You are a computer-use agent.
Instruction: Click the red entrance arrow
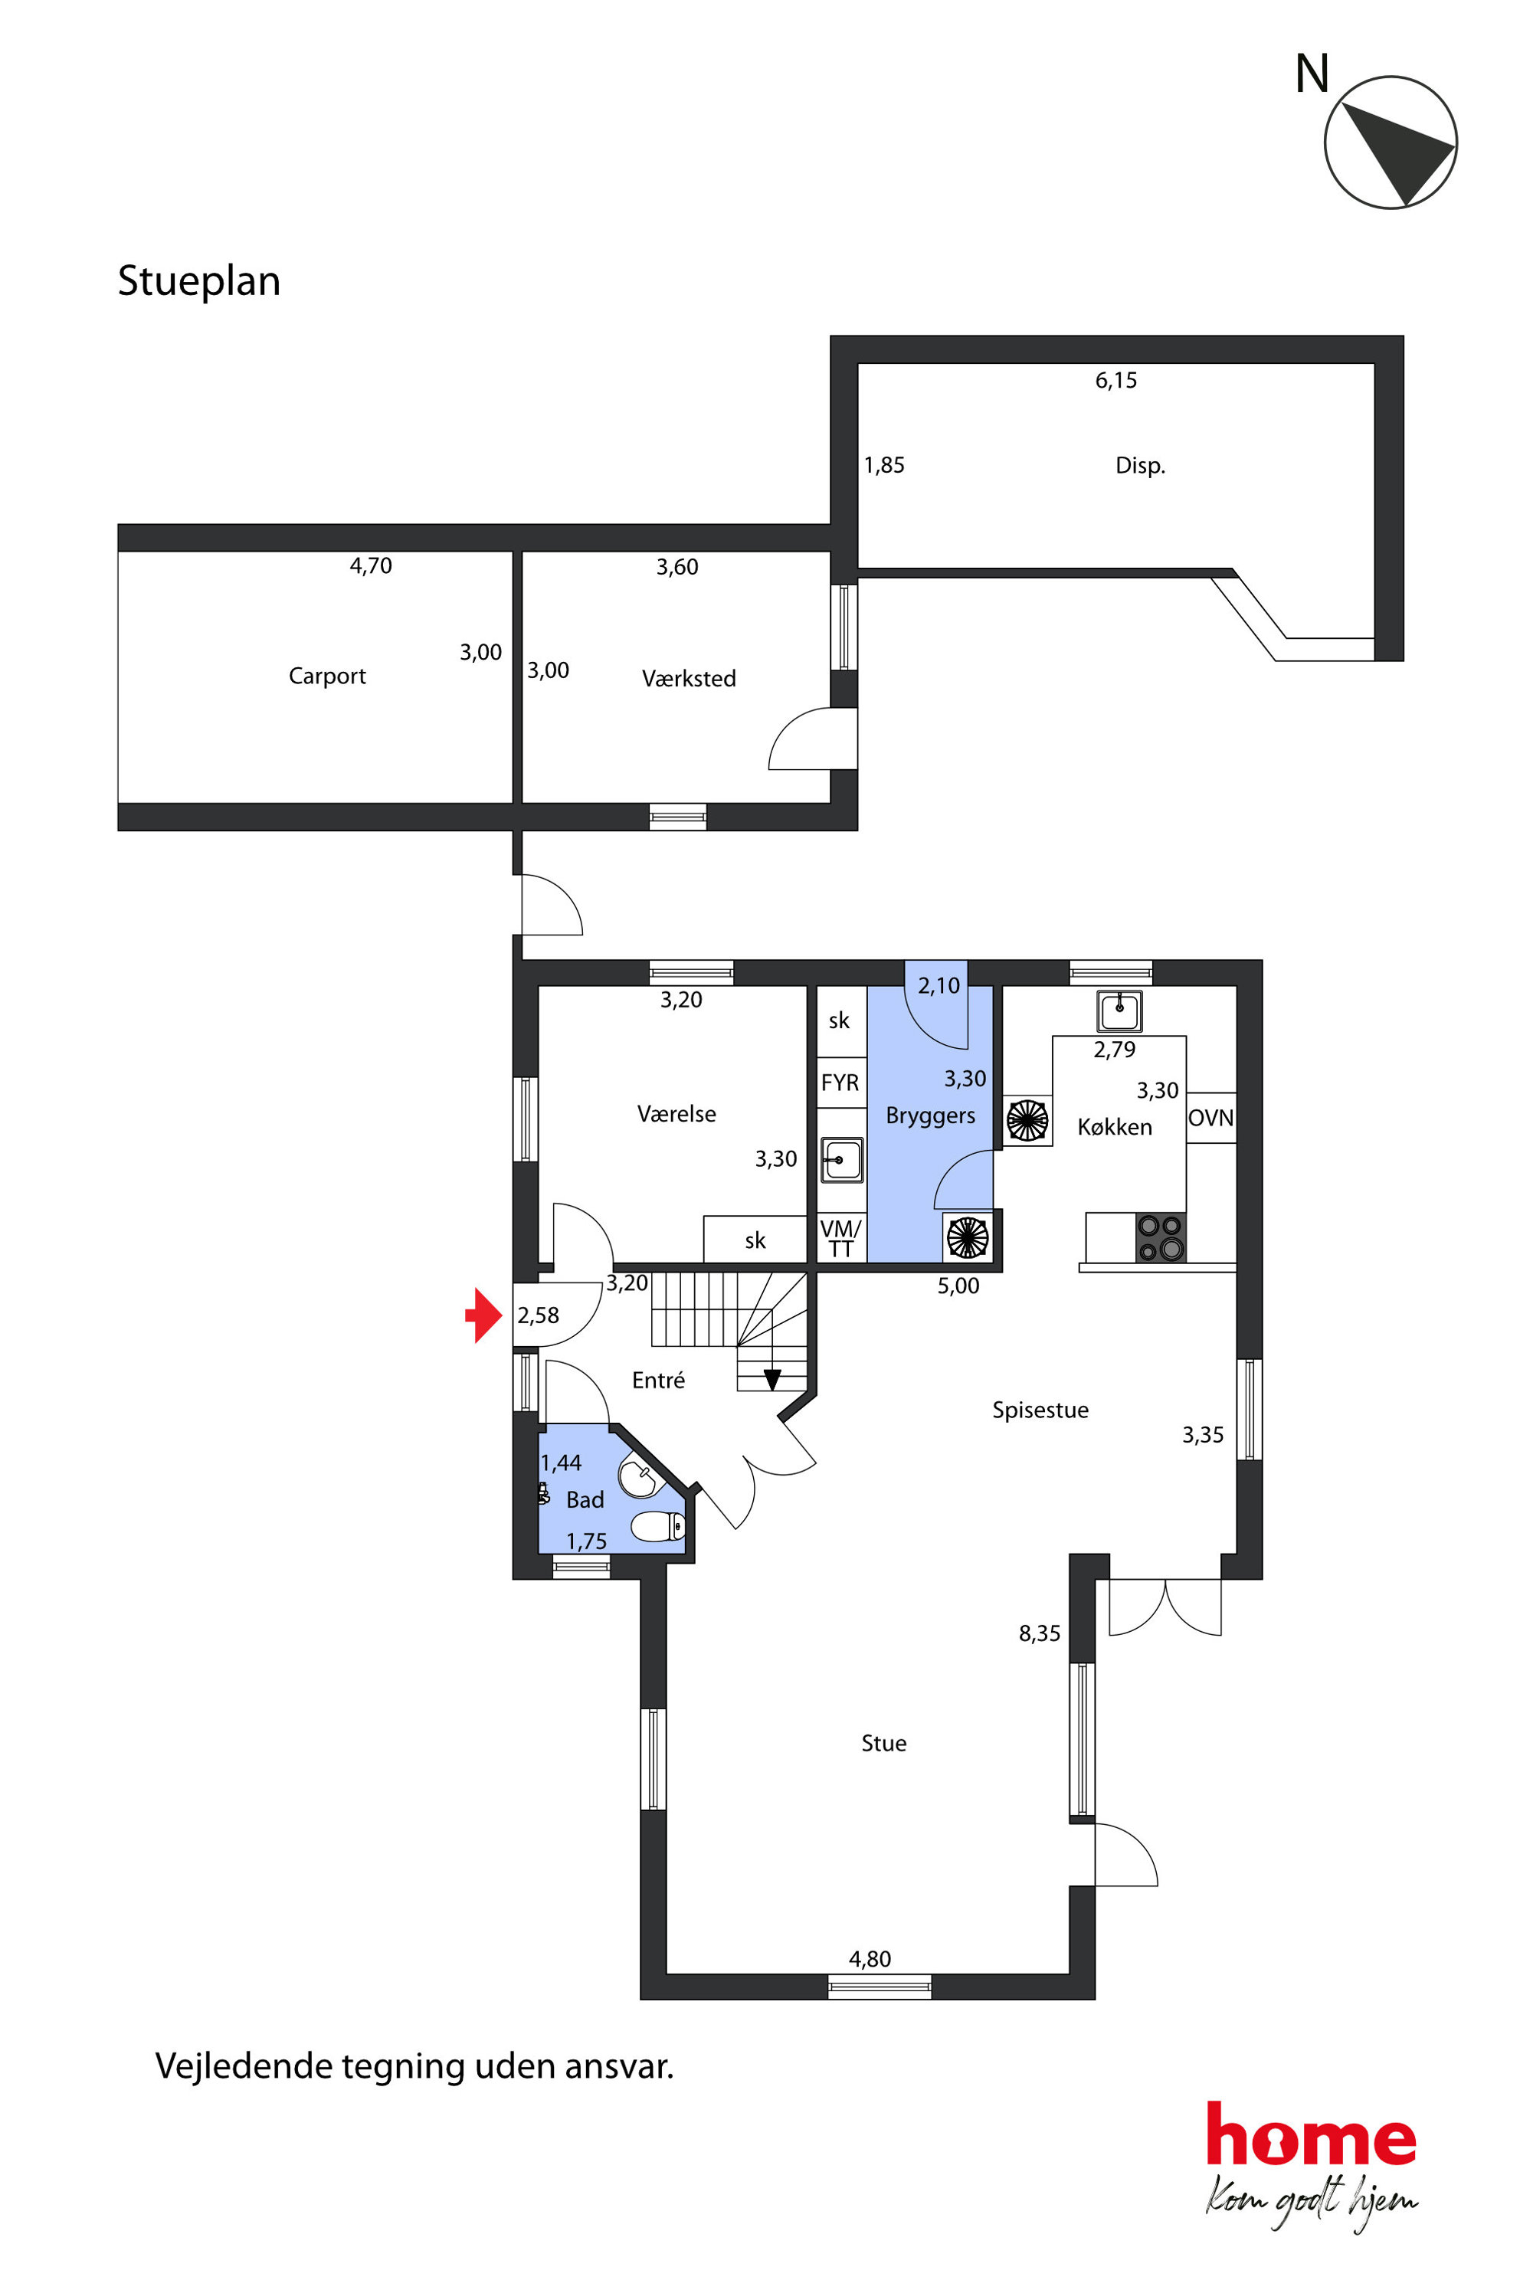pyautogui.click(x=483, y=1315)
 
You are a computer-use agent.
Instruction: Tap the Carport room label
pyautogui.click(x=328, y=676)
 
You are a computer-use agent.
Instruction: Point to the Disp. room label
pyautogui.click(x=1140, y=465)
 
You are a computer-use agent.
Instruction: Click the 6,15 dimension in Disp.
pyautogui.click(x=1115, y=380)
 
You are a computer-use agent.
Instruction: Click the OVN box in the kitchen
pyautogui.click(x=1210, y=1118)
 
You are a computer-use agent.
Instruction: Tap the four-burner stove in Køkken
pyautogui.click(x=1161, y=1237)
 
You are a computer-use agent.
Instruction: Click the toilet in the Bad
pyautogui.click(x=658, y=1527)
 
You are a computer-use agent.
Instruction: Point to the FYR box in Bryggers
pyautogui.click(x=840, y=1083)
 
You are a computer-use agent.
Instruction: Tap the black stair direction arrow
pyautogui.click(x=772, y=1378)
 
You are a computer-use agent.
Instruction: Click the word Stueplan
pyautogui.click(x=198, y=281)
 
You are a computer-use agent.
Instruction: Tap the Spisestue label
pyautogui.click(x=1040, y=1410)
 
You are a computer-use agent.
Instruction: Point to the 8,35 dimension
pyautogui.click(x=1039, y=1633)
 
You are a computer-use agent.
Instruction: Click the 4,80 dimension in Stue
pyautogui.click(x=870, y=1959)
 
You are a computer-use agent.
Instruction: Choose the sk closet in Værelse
pyautogui.click(x=755, y=1240)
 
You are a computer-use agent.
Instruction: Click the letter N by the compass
pyautogui.click(x=1312, y=74)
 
